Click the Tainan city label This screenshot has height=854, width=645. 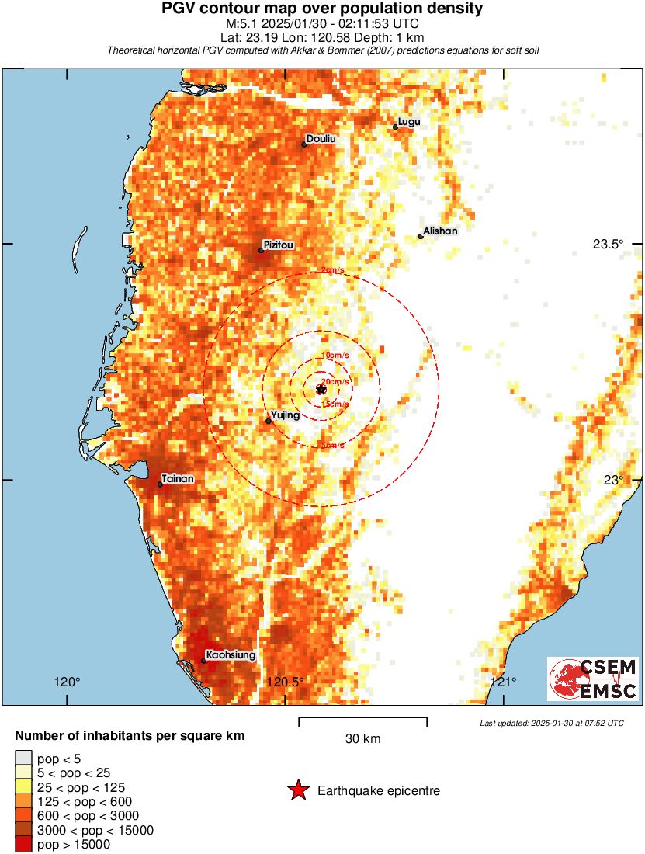click(178, 479)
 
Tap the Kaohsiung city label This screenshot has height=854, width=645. click(231, 655)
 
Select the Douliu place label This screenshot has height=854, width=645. click(321, 139)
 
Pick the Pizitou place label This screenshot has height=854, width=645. click(279, 245)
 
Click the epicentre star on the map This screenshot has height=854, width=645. click(321, 388)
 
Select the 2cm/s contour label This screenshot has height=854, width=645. click(332, 270)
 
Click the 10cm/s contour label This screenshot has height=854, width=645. click(335, 356)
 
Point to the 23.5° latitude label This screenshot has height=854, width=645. click(608, 244)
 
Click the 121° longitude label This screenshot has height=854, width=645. click(504, 682)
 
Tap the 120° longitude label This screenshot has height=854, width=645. click(67, 682)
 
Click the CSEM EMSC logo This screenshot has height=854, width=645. click(593, 679)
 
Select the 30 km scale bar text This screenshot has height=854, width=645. click(362, 739)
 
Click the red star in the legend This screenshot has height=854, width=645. click(298, 791)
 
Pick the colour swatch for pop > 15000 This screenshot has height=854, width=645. click(24, 844)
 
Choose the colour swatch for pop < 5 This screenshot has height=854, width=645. click(24, 759)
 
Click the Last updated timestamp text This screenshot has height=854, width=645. click(552, 724)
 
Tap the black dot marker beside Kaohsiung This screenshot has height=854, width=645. click(203, 661)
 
